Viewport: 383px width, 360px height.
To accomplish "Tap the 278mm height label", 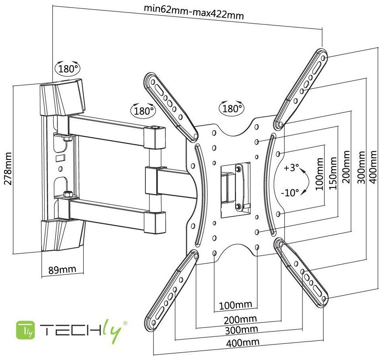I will (8, 167).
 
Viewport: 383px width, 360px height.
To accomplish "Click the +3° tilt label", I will (291, 168).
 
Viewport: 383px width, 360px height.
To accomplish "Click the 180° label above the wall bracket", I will (68, 68).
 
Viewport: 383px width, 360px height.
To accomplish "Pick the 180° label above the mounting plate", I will (231, 108).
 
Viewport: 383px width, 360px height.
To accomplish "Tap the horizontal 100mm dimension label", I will (236, 305).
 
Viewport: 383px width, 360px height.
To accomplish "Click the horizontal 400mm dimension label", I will (242, 342).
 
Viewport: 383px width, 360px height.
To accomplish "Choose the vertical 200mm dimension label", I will (345, 169).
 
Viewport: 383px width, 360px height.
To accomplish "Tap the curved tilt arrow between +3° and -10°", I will (306, 181).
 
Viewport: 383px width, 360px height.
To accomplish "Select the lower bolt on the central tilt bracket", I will (239, 207).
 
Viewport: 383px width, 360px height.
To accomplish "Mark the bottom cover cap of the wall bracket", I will (62, 234).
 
